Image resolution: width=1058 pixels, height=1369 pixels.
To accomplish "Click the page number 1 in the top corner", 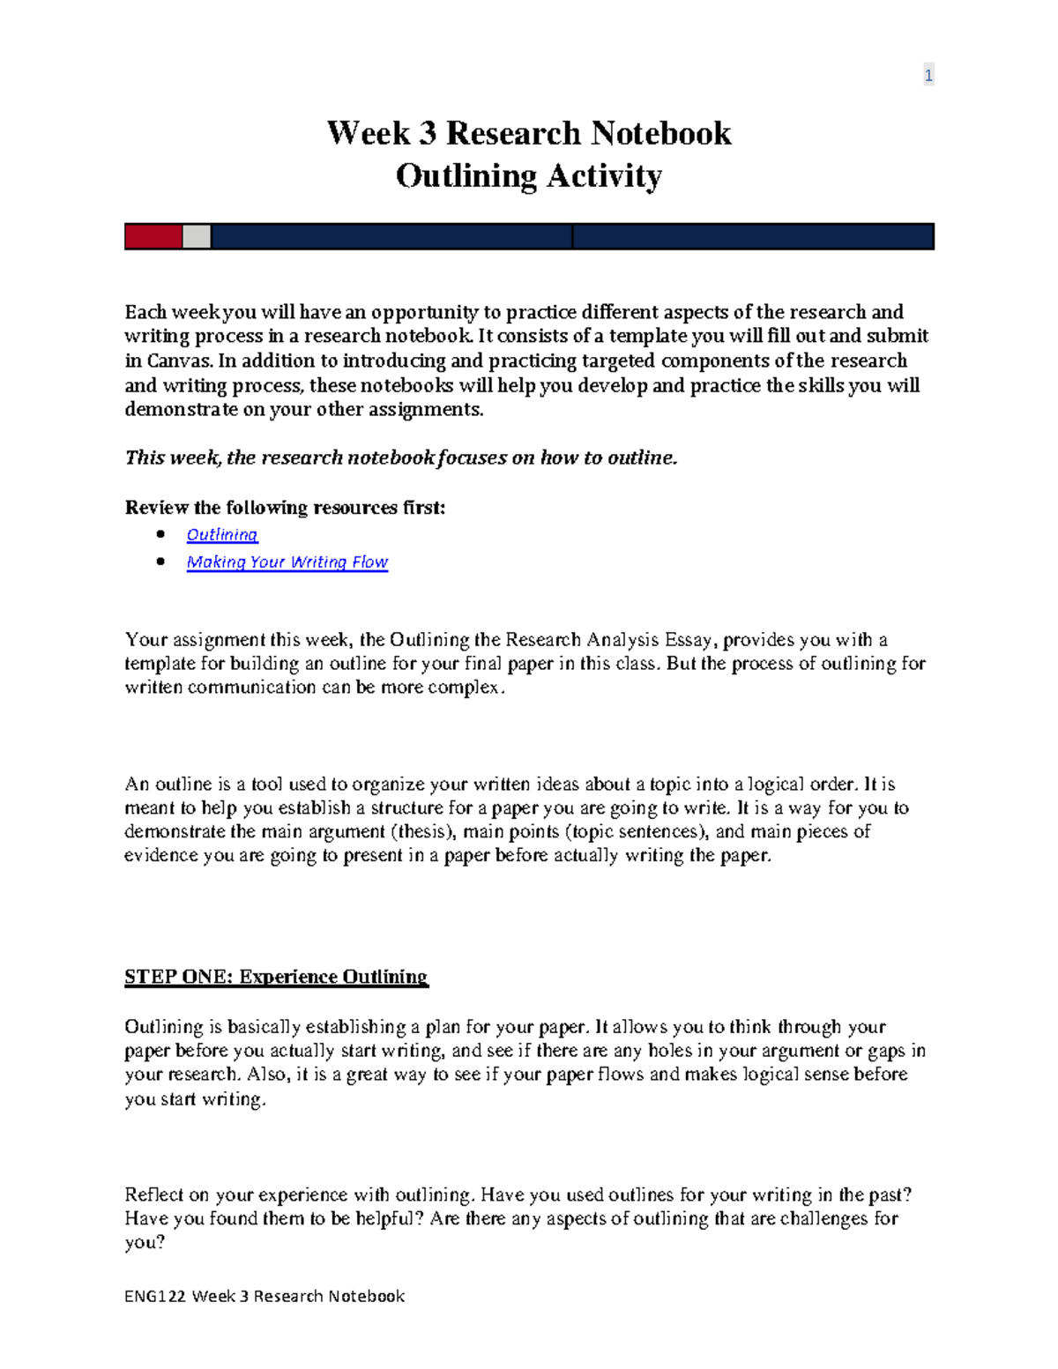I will point(928,76).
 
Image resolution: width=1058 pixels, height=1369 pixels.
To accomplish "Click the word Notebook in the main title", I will point(660,133).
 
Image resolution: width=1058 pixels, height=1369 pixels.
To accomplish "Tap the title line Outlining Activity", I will point(528,175).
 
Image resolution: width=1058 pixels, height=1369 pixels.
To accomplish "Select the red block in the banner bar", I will point(153,236).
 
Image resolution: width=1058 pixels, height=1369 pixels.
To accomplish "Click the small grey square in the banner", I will point(197,236).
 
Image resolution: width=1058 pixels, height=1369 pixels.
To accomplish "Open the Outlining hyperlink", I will point(222,535).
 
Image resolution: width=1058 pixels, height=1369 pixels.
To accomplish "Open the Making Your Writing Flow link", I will point(287,562).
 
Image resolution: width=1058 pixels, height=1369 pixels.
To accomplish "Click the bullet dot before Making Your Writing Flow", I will point(160,562).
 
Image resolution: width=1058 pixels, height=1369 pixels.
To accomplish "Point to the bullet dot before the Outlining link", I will point(160,534).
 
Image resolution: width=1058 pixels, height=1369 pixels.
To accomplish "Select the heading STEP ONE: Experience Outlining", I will point(276,977).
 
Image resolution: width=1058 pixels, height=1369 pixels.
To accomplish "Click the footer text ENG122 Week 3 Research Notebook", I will point(264,1296).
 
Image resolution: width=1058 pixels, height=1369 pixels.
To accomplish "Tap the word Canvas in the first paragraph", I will point(179,361).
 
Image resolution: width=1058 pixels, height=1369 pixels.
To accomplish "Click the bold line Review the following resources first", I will point(285,508).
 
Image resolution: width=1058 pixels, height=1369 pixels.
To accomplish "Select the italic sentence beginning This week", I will point(401,458).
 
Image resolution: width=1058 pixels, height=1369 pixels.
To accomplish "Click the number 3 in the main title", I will point(427,133).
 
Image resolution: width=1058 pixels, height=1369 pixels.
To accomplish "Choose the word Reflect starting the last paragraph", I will point(154,1194).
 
